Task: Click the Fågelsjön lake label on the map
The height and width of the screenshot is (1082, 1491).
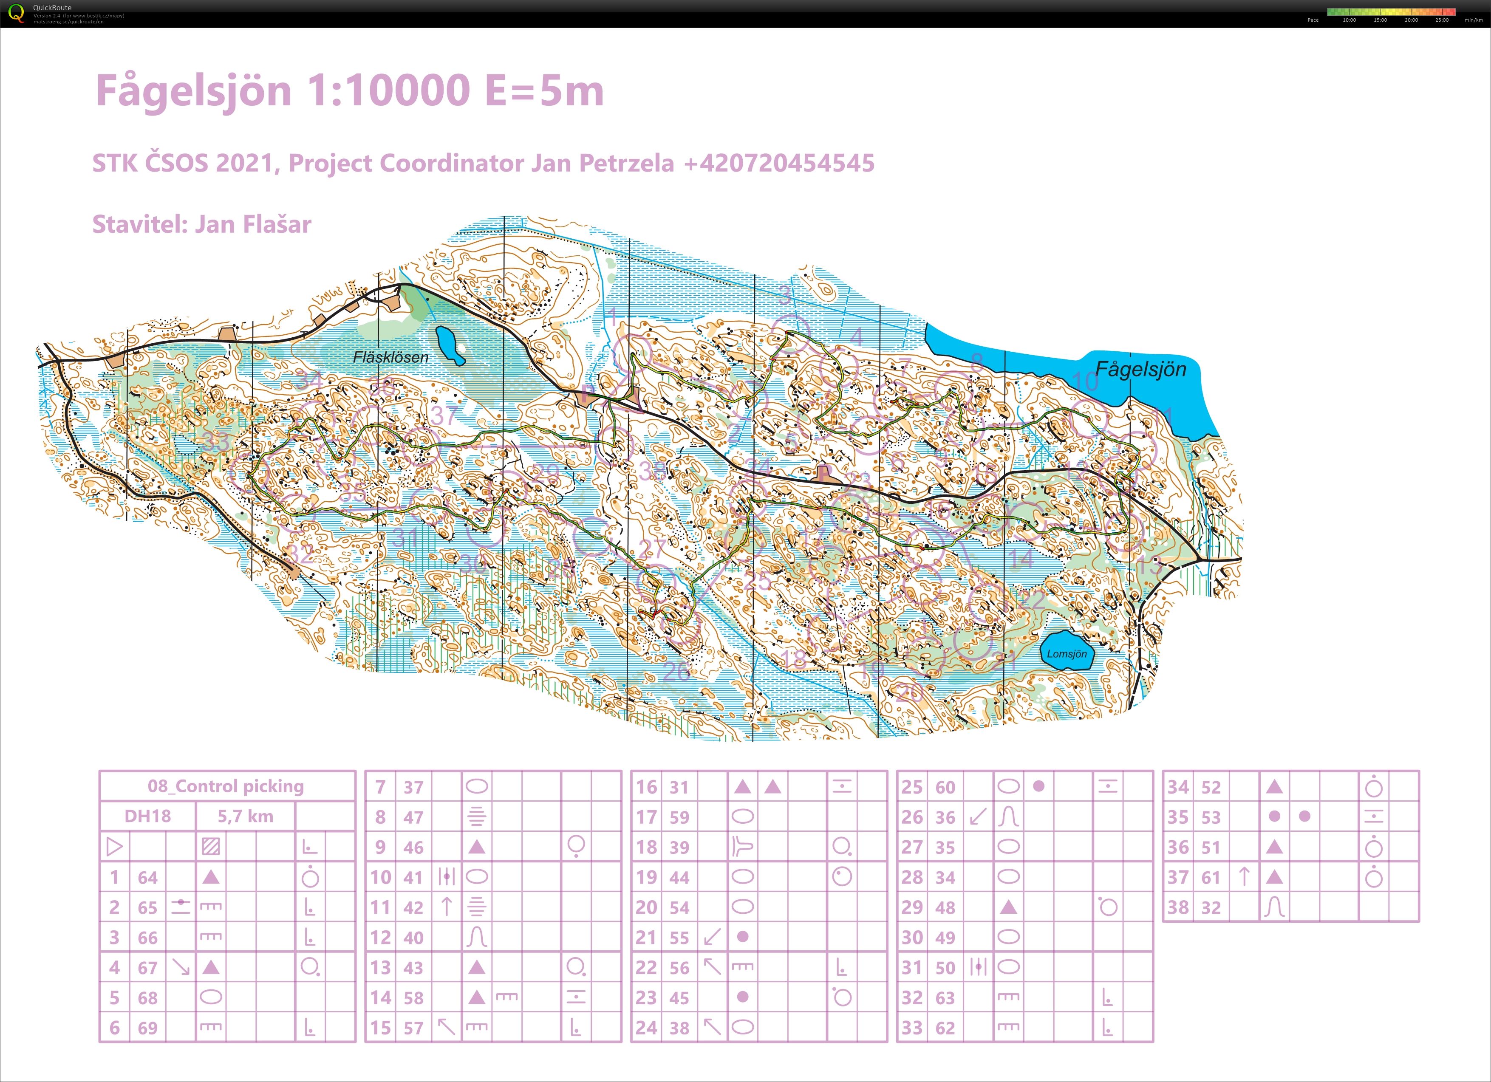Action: [x=1140, y=370]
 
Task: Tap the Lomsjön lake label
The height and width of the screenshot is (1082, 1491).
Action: [x=1067, y=654]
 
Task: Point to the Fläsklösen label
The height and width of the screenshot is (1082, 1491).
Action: [x=390, y=358]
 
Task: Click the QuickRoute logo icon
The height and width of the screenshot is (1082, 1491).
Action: [x=16, y=13]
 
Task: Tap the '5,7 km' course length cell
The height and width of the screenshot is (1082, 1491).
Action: [x=245, y=816]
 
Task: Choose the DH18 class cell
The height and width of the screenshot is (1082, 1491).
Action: [x=147, y=816]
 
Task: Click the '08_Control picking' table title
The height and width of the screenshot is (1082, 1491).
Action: [x=226, y=786]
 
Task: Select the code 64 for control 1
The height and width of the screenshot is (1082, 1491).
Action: [x=147, y=878]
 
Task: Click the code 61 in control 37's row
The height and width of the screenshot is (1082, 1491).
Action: [x=1210, y=878]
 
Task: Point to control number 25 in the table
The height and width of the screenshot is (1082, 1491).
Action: [x=912, y=787]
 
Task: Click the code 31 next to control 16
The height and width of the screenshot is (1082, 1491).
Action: [x=679, y=787]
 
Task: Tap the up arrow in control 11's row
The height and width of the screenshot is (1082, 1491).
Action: [x=447, y=907]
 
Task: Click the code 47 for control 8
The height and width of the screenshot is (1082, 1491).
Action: [x=413, y=817]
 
